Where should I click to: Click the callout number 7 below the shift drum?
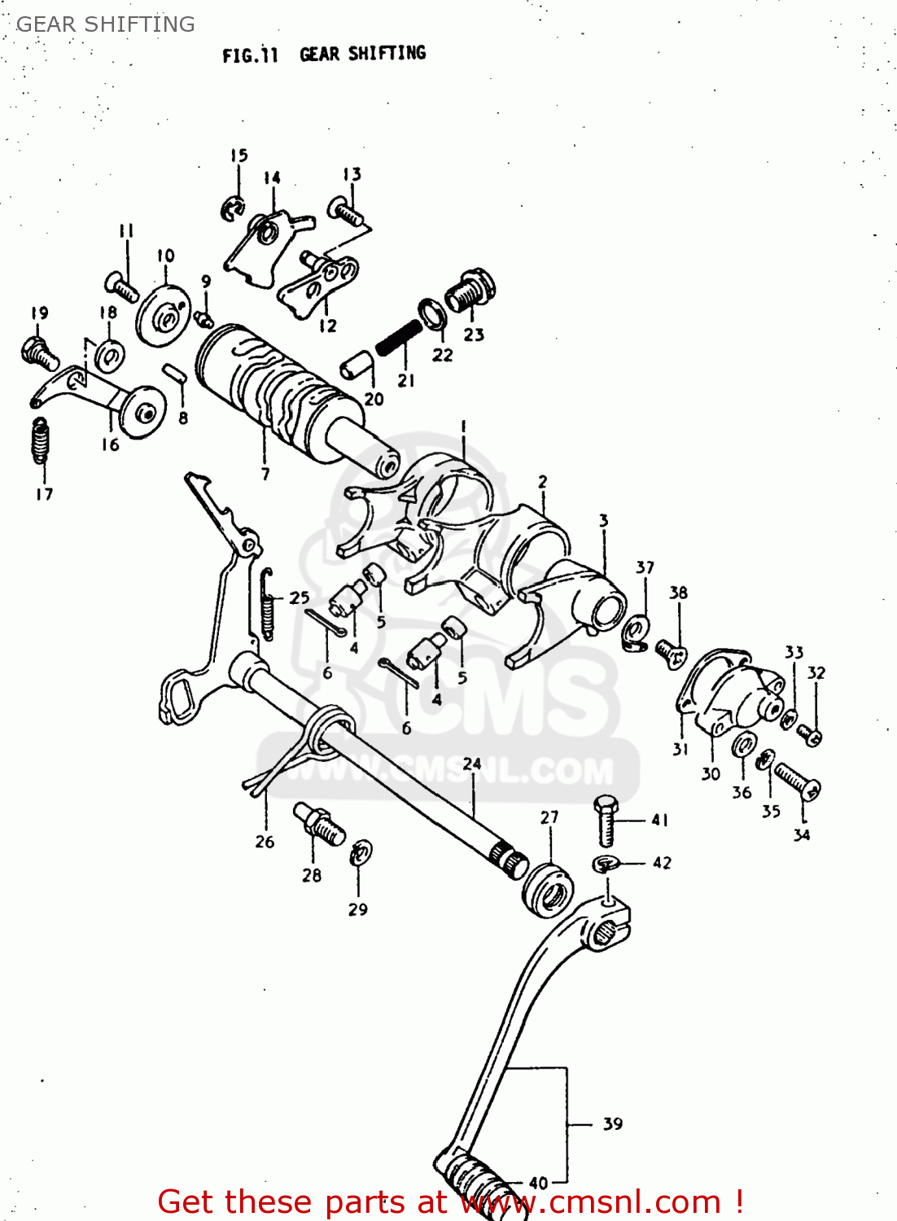pos(265,473)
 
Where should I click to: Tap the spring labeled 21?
pos(398,337)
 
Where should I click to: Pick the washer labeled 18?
pos(109,355)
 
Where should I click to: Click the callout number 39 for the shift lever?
pos(612,1124)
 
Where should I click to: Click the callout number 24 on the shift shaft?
pos(472,764)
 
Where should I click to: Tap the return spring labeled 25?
pos(266,602)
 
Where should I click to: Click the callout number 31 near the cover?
pos(680,750)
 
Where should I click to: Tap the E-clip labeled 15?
pos(233,208)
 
